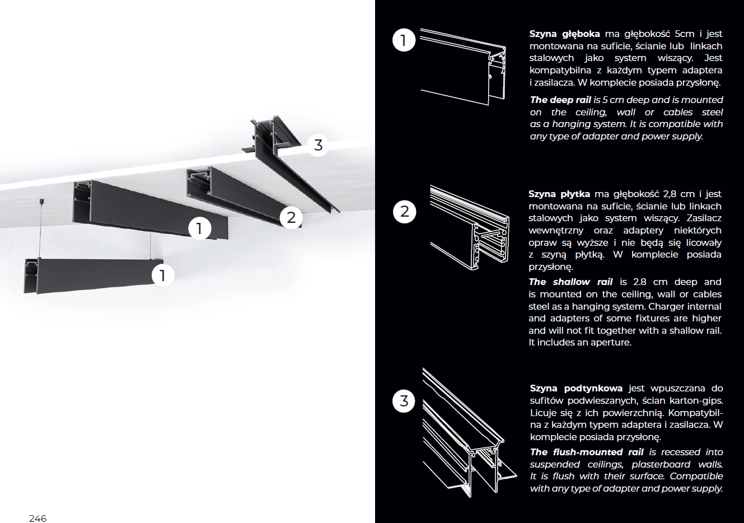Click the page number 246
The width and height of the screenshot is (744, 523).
(x=38, y=518)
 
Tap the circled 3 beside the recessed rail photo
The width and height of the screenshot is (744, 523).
(x=318, y=145)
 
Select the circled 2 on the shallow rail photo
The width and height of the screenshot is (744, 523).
(x=291, y=217)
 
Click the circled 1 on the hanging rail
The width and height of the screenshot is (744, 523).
(x=162, y=275)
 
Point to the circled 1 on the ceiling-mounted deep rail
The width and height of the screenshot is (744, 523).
(x=199, y=228)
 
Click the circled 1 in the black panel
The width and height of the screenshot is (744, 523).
(x=404, y=40)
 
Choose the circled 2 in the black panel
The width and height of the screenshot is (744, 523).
(x=404, y=212)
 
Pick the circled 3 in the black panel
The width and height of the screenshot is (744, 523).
(x=404, y=401)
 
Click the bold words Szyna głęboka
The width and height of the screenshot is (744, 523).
(x=565, y=34)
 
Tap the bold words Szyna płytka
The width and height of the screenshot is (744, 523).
(x=559, y=194)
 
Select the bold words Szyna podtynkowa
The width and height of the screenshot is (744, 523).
(x=576, y=389)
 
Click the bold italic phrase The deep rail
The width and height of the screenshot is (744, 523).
(x=560, y=100)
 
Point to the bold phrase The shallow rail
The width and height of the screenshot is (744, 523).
(x=570, y=282)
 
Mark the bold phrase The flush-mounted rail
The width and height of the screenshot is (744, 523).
(x=587, y=452)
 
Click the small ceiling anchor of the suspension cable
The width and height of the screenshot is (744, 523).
(x=41, y=200)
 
